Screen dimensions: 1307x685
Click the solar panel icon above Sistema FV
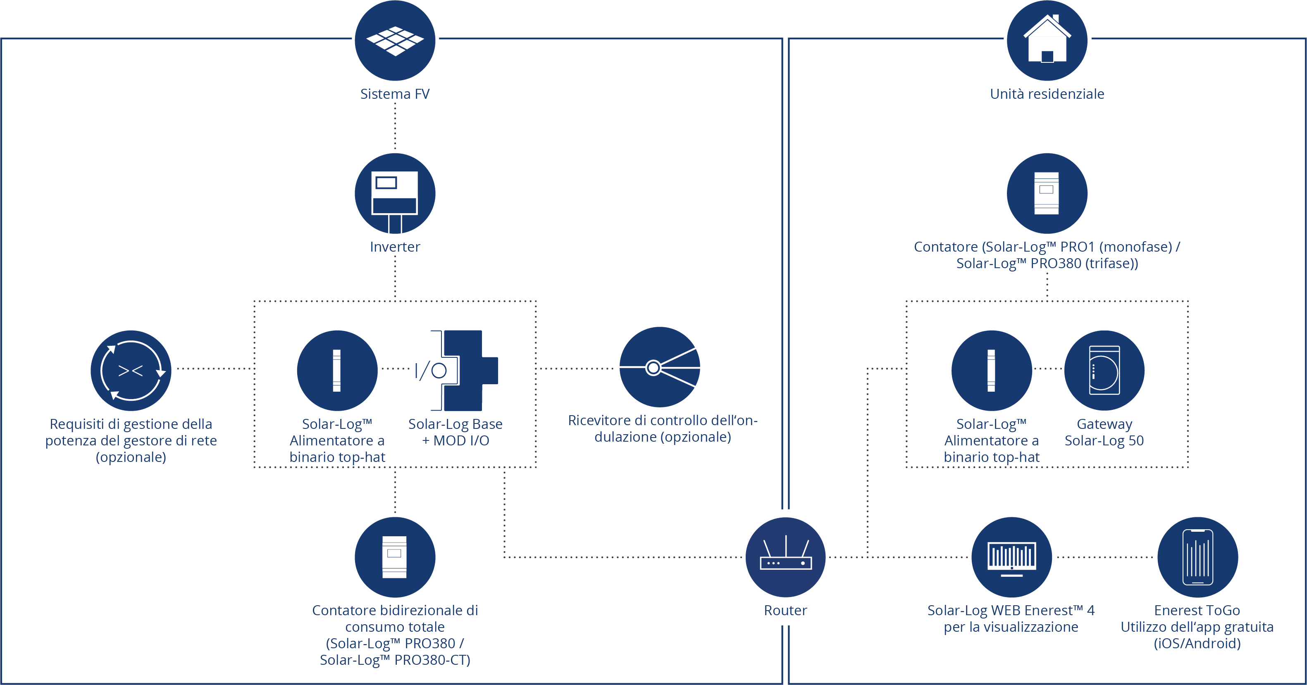pyautogui.click(x=395, y=40)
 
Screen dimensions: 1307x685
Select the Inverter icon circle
pyautogui.click(x=395, y=193)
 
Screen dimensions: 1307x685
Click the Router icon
pyautogui.click(x=785, y=557)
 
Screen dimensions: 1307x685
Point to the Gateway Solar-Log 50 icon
pyautogui.click(x=1104, y=370)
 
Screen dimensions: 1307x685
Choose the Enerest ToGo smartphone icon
pyautogui.click(x=1197, y=557)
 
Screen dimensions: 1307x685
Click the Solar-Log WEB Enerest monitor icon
pyautogui.click(x=1011, y=557)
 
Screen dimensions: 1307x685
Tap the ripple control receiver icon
pyautogui.click(x=660, y=367)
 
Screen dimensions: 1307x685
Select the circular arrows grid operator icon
pyautogui.click(x=131, y=371)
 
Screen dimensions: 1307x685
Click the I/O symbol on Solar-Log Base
pyautogui.click(x=431, y=371)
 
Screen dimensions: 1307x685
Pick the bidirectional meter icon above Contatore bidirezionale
pyautogui.click(x=395, y=557)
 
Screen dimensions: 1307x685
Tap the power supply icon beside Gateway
pyautogui.click(x=992, y=371)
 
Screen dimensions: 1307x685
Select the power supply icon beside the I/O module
pyautogui.click(x=337, y=371)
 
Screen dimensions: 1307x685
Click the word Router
pyautogui.click(x=785, y=611)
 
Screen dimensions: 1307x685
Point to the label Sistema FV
pyautogui.click(x=395, y=94)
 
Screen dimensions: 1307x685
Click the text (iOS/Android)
pyautogui.click(x=1197, y=643)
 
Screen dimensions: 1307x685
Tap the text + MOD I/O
pyautogui.click(x=456, y=440)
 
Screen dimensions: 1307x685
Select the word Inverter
pyautogui.click(x=395, y=247)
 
